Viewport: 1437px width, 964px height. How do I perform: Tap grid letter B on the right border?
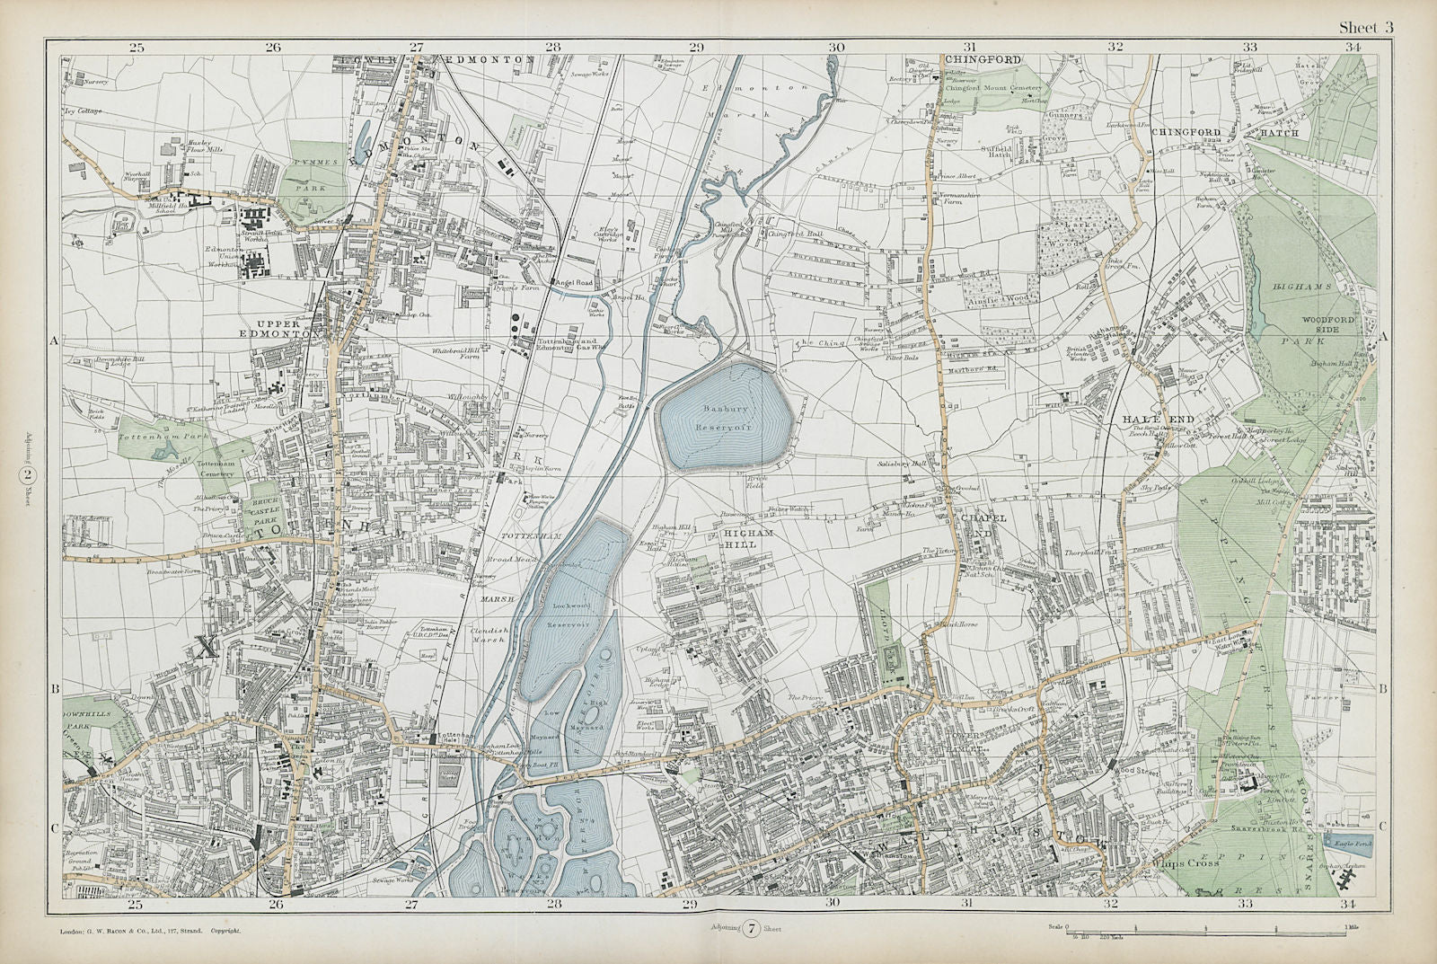[x=1382, y=688]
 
